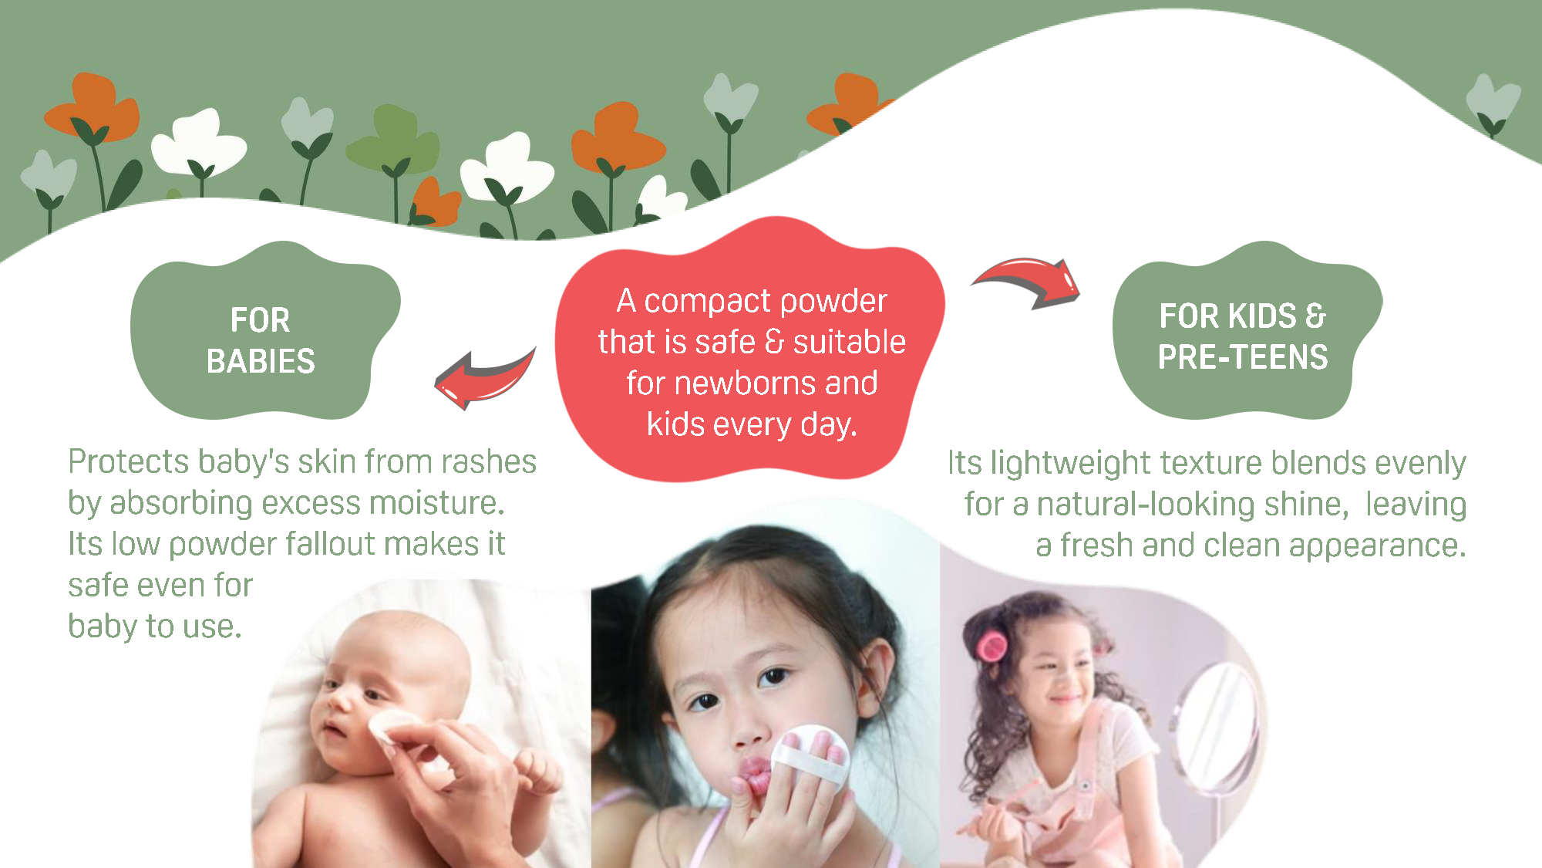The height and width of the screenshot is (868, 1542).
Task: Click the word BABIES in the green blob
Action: point(261,361)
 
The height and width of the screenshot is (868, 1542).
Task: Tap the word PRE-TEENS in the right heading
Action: point(1243,357)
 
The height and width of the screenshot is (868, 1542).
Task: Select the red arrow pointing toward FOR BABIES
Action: point(484,378)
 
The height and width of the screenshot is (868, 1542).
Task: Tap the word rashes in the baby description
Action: point(489,462)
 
